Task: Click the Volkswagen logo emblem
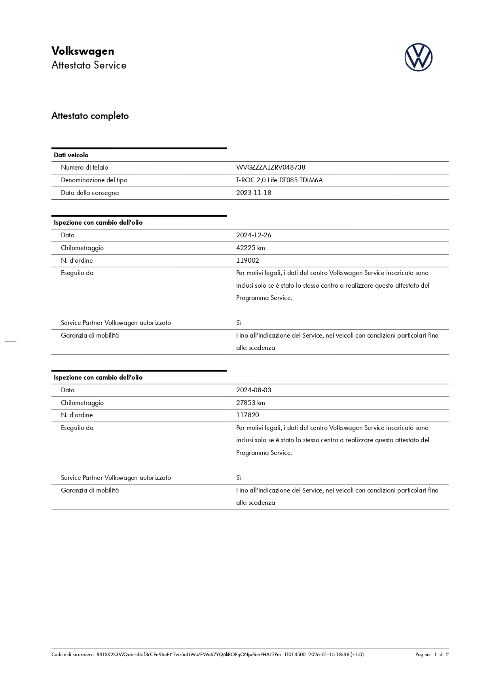coord(418,57)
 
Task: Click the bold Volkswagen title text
coord(83,51)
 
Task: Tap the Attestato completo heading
coord(90,116)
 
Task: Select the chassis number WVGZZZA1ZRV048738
coord(271,168)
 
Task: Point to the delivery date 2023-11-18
coord(254,193)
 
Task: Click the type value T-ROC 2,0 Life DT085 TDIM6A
coord(279,180)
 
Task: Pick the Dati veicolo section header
coord(71,155)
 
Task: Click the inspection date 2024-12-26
coord(254,235)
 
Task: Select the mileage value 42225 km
coord(250,248)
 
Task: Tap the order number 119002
coord(248,261)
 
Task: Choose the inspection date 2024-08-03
coord(254,390)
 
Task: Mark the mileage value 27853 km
coord(250,403)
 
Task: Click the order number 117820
coord(248,415)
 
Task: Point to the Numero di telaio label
coord(84,168)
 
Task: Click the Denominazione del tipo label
coord(94,180)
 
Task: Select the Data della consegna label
coord(90,193)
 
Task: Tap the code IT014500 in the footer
coord(295,655)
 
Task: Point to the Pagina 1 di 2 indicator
coord(432,655)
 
